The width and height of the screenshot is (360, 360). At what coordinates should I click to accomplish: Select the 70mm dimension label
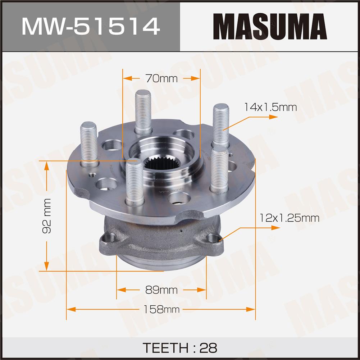[161, 78]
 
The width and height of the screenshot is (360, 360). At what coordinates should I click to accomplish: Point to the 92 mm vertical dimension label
[47, 216]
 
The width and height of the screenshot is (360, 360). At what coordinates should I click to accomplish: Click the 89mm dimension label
[161, 290]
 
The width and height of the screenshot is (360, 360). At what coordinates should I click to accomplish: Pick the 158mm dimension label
[161, 309]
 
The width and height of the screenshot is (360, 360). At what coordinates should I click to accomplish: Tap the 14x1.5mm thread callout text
[270, 107]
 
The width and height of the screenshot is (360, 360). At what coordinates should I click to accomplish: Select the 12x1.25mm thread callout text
[289, 218]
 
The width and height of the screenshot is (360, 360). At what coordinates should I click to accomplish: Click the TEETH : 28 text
[180, 348]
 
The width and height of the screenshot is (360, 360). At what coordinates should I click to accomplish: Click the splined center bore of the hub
[161, 161]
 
